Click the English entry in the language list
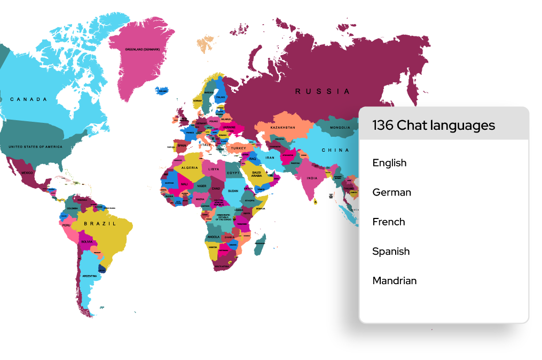click(x=389, y=163)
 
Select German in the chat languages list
click(x=391, y=192)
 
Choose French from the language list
click(x=389, y=222)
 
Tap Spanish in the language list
click(x=391, y=251)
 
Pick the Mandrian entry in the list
click(x=394, y=280)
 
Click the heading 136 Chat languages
click(x=434, y=126)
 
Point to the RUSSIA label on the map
click(x=323, y=91)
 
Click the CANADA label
click(x=28, y=99)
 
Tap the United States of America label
click(x=35, y=146)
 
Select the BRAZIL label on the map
click(x=100, y=224)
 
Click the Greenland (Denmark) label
click(x=143, y=49)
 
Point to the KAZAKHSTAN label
click(x=282, y=128)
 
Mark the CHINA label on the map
click(x=335, y=150)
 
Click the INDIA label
click(x=312, y=178)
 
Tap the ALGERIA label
click(x=190, y=167)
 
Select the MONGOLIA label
click(x=340, y=128)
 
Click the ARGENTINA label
click(x=90, y=276)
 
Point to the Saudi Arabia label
click(x=256, y=174)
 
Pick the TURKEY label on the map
click(x=238, y=148)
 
